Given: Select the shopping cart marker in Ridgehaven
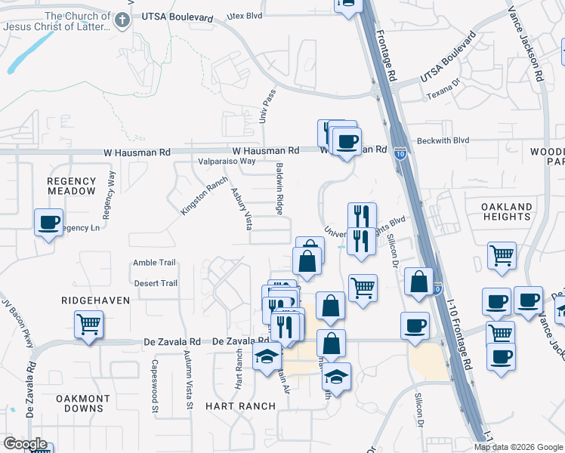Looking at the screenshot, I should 88,325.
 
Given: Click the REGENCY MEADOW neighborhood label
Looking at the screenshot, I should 72,186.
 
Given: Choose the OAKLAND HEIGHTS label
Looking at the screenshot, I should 506,211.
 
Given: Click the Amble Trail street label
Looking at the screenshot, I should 154,263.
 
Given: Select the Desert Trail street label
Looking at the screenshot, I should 155,284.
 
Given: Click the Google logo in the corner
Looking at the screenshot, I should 24,444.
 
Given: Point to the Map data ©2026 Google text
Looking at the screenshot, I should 518,447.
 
